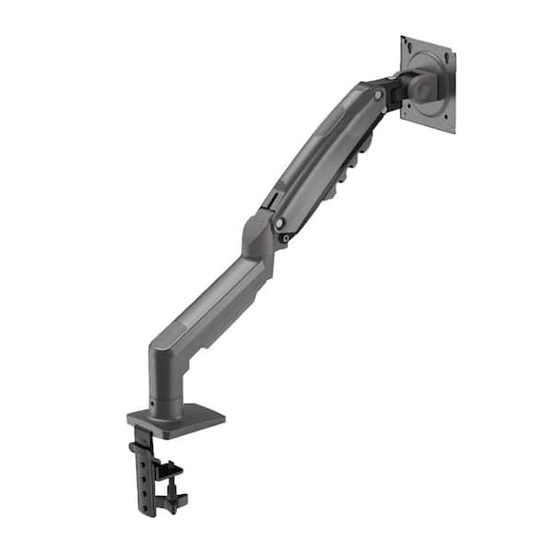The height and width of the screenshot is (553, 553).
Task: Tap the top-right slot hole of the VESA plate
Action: pos(448,58)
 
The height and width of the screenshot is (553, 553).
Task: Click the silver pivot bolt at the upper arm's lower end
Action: pos(277,223)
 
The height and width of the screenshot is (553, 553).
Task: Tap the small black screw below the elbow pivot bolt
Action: pos(286,240)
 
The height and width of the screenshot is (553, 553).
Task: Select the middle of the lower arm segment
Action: pos(212,304)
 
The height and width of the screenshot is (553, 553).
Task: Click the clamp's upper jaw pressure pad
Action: pos(171,469)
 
